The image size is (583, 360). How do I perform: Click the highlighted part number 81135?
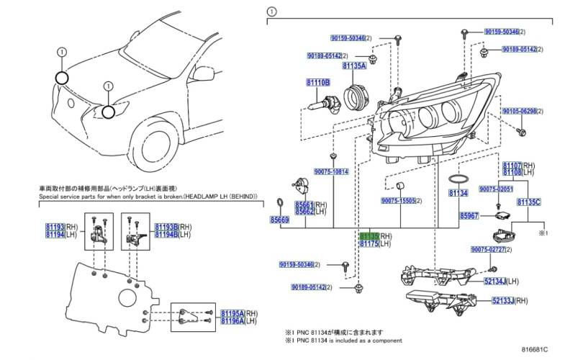369,235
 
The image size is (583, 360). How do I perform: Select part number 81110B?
317,84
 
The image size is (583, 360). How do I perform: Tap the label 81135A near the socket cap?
354,66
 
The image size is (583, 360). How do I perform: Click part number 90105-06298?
520,112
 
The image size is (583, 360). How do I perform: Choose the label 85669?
279,220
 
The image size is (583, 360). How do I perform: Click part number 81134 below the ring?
458,194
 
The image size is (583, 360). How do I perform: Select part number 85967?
470,215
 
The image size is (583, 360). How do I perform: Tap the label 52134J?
495,281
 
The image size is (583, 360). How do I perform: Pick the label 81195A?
233,314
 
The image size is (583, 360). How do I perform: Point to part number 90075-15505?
397,201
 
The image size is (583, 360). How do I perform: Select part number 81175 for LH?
369,245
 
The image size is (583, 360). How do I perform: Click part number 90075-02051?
495,188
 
